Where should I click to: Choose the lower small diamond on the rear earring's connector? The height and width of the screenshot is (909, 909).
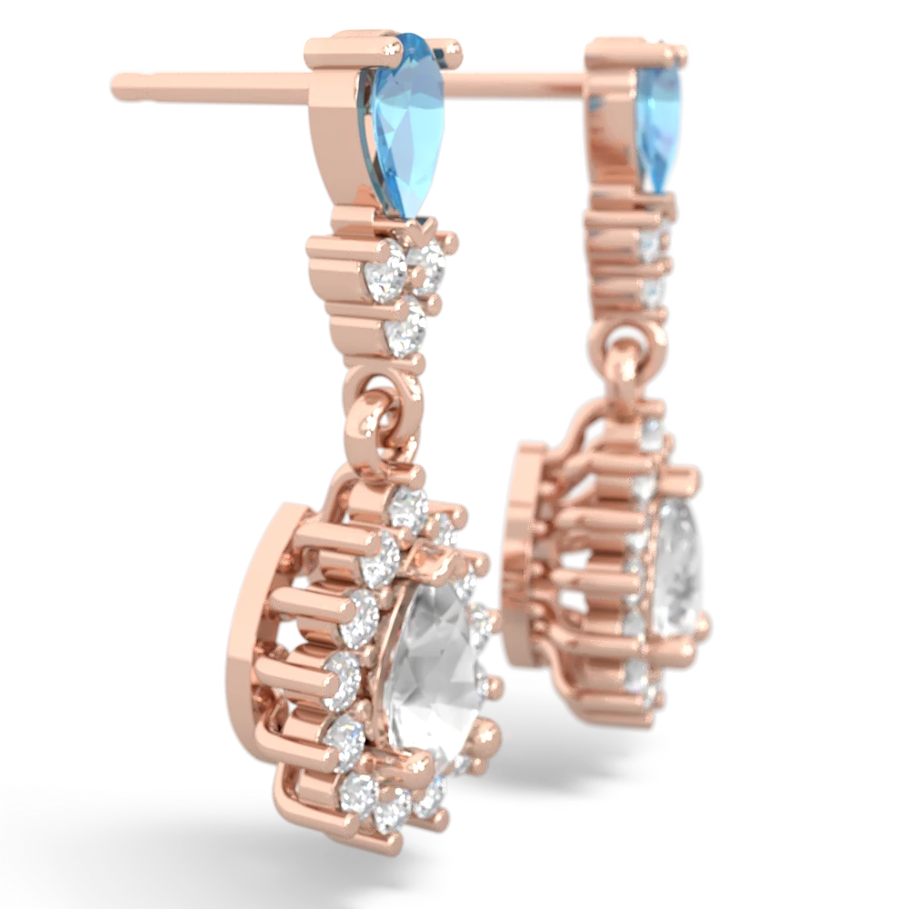[653, 293]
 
